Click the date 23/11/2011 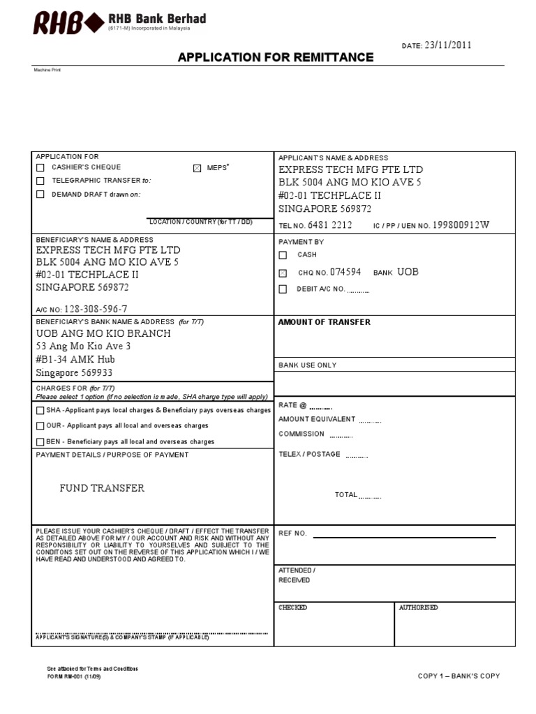click(447, 45)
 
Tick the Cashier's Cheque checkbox click(40, 167)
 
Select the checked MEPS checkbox click(197, 168)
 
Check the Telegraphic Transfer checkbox click(40, 181)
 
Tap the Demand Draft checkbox click(40, 195)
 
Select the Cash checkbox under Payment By click(283, 255)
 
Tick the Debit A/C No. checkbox click(283, 289)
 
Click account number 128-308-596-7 click(96, 309)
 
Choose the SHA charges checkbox click(40, 411)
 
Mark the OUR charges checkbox click(40, 426)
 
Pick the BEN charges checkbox click(40, 442)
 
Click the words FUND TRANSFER click(102, 488)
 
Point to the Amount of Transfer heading click(325, 322)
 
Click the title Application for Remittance click(276, 57)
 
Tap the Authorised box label click(418, 608)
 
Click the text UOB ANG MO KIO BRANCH click(103, 333)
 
